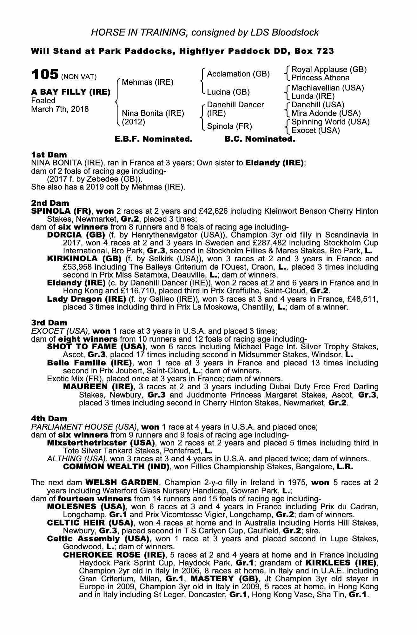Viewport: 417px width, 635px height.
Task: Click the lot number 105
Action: click(45, 75)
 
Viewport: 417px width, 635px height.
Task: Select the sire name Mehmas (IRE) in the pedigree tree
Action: click(148, 82)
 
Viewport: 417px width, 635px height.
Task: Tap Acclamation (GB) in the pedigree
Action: click(238, 74)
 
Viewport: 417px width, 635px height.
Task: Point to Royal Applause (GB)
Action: click(329, 70)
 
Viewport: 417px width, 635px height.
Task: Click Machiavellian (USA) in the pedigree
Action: click(328, 88)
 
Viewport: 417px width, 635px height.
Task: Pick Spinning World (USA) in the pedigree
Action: click(330, 122)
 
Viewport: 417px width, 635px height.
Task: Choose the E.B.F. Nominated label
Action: click(153, 139)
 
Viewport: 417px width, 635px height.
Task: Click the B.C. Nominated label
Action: click(260, 139)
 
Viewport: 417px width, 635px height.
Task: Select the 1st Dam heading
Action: click(49, 155)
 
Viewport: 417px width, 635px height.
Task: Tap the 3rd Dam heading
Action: click(49, 323)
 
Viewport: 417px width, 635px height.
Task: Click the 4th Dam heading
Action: click(49, 419)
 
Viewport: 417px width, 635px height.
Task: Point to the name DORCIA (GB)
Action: click(76, 235)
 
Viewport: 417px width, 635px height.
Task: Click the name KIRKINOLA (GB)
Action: click(84, 259)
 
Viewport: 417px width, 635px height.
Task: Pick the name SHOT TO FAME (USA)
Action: click(96, 347)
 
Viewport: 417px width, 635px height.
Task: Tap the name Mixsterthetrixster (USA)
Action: click(101, 443)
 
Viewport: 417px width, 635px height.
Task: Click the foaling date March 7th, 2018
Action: click(60, 109)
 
